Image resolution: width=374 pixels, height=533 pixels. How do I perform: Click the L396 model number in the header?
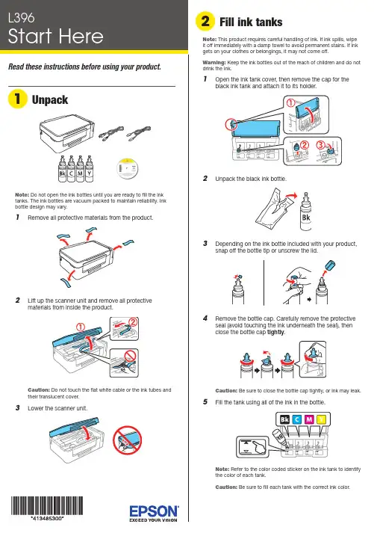(22, 18)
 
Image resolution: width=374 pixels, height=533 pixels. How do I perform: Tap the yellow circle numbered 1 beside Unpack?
(17, 99)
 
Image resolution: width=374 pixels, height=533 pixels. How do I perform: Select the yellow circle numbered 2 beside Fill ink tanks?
(205, 21)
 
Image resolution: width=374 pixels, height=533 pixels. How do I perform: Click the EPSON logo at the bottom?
(154, 511)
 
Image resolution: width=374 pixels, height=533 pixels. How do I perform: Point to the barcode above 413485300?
(47, 505)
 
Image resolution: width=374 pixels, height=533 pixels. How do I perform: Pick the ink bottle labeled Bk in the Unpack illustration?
(62, 169)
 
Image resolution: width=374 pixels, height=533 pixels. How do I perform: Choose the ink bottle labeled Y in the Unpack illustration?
(89, 169)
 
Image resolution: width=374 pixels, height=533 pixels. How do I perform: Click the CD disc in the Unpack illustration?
(128, 168)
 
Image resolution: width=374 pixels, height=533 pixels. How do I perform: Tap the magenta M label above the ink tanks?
(309, 419)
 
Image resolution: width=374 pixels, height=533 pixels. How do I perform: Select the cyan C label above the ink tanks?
(296, 419)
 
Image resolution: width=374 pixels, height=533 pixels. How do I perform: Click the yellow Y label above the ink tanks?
(321, 419)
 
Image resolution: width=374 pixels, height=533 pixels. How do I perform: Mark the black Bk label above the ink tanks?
(284, 419)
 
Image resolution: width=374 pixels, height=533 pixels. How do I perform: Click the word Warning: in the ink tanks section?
(214, 63)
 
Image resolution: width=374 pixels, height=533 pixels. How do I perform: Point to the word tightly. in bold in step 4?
(276, 333)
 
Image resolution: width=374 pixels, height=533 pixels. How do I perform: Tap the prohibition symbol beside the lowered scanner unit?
(127, 440)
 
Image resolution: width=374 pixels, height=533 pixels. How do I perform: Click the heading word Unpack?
(50, 100)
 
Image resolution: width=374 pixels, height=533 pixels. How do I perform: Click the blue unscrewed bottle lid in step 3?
(329, 265)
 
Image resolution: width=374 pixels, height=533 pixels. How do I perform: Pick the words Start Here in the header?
(55, 37)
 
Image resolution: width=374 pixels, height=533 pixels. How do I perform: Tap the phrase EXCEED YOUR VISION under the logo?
(153, 520)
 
